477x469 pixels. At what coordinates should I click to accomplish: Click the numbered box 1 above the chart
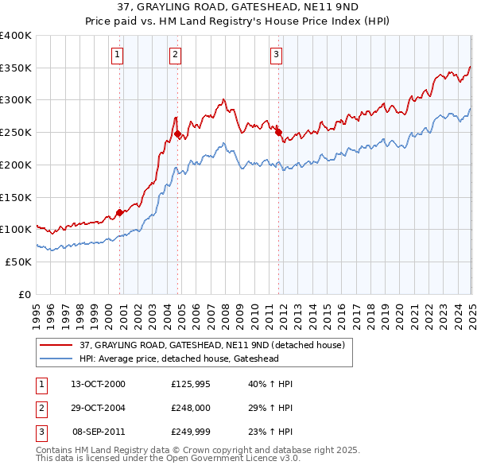tap(117, 55)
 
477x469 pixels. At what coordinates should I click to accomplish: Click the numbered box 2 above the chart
tap(175, 55)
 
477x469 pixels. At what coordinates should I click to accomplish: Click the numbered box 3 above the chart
tap(276, 55)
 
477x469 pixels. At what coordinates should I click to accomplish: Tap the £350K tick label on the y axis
tap(16, 68)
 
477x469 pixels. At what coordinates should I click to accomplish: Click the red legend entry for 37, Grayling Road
tap(211, 345)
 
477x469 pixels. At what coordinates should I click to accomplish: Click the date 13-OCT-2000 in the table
tap(98, 384)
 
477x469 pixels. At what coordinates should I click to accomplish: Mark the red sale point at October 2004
tap(177, 134)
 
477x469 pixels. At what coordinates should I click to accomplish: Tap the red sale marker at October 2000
tap(119, 212)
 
